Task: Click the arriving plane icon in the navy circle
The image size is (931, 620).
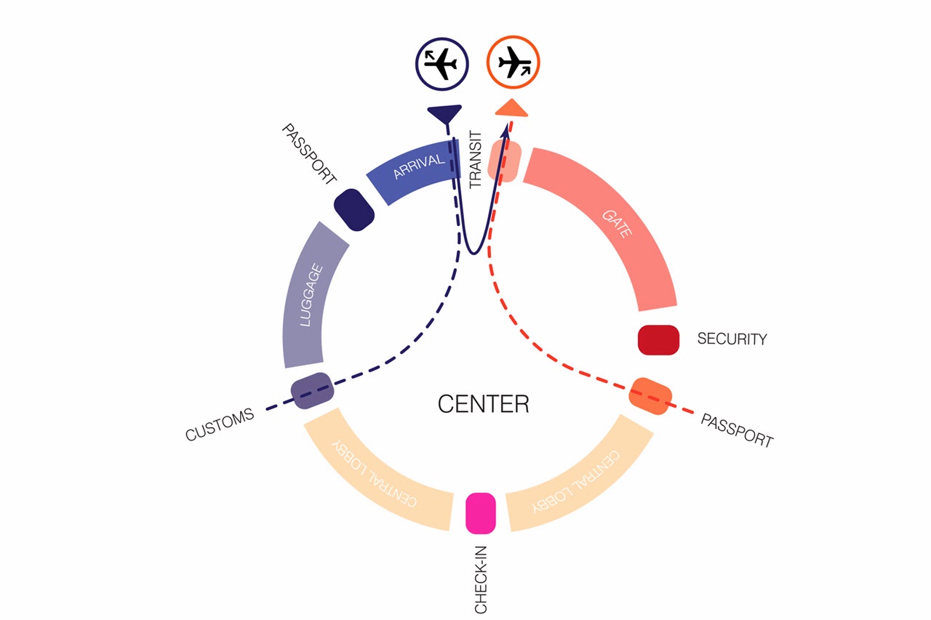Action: point(441,63)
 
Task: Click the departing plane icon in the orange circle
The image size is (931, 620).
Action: point(514,63)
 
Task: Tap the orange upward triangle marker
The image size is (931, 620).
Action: point(511,108)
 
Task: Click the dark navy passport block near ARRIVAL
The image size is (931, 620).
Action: point(354,210)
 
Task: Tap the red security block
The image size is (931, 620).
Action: point(658,339)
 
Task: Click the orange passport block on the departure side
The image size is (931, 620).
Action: point(650,396)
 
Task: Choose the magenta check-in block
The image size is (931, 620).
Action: point(481,512)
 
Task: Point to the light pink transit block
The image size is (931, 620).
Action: point(503,162)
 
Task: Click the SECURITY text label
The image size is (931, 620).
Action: point(732,339)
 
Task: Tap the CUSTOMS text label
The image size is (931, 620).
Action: point(219,424)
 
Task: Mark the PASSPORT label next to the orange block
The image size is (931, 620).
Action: point(737,430)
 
